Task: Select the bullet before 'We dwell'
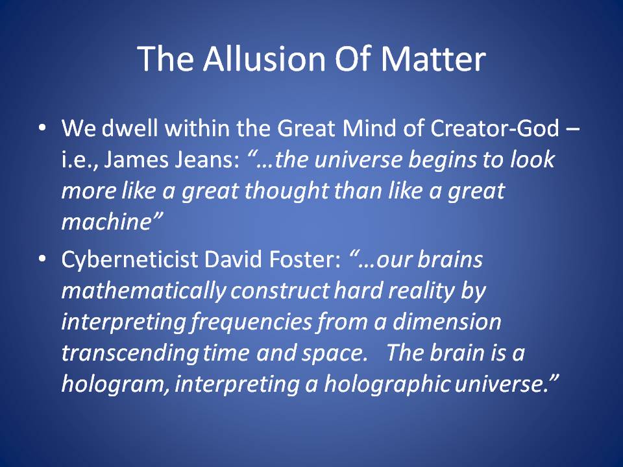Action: (x=42, y=128)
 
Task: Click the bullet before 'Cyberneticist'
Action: (x=42, y=259)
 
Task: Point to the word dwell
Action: (x=130, y=128)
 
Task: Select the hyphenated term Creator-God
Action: (x=495, y=128)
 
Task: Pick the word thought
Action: (x=286, y=191)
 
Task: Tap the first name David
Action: (x=233, y=259)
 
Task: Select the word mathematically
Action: (x=144, y=291)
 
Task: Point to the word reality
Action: (x=421, y=291)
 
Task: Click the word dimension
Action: (x=447, y=322)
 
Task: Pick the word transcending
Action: (x=130, y=353)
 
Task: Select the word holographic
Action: (x=387, y=385)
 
